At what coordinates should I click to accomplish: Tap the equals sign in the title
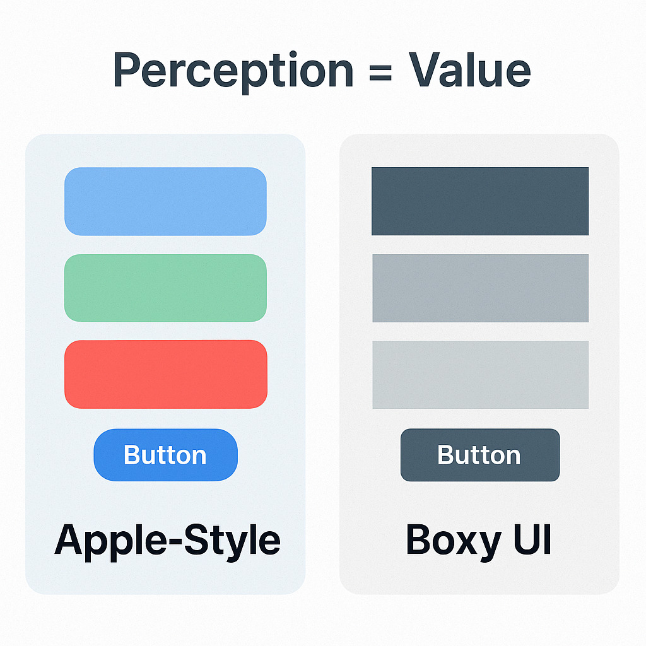pos(380,71)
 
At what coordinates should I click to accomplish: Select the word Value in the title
pos(469,69)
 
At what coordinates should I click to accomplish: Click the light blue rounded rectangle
pos(166,201)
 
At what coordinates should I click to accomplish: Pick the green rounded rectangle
pos(166,288)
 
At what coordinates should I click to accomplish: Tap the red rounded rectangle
pos(166,374)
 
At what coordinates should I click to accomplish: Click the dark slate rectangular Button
pos(480,455)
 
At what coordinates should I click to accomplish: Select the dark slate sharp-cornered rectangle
pos(480,201)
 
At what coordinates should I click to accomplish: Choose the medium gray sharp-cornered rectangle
pos(480,288)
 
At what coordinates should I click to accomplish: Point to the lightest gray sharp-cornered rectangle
pos(480,375)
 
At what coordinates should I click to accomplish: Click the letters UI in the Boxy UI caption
pos(532,539)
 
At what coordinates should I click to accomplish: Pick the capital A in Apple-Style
pos(70,539)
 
